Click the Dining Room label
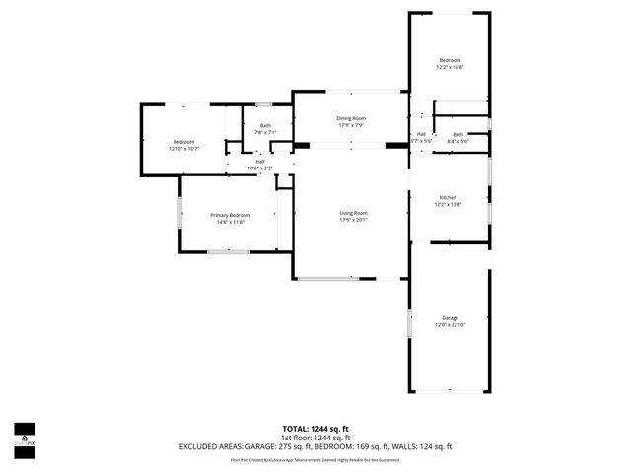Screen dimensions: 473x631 coord(351,118)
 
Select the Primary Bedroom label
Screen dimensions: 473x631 coord(230,215)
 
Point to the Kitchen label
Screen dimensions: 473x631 coord(448,198)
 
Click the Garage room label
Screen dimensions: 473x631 coord(450,318)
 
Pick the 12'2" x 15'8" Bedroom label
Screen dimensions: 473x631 coord(449,61)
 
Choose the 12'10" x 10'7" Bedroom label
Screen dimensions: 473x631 coord(184,142)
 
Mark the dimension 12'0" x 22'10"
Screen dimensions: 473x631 coord(450,325)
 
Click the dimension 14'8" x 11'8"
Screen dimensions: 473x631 coord(230,222)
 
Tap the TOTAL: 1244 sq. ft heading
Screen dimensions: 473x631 coord(315,429)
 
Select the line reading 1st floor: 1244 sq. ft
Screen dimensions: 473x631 coord(315,438)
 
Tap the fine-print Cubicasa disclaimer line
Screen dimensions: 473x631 coord(315,459)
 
